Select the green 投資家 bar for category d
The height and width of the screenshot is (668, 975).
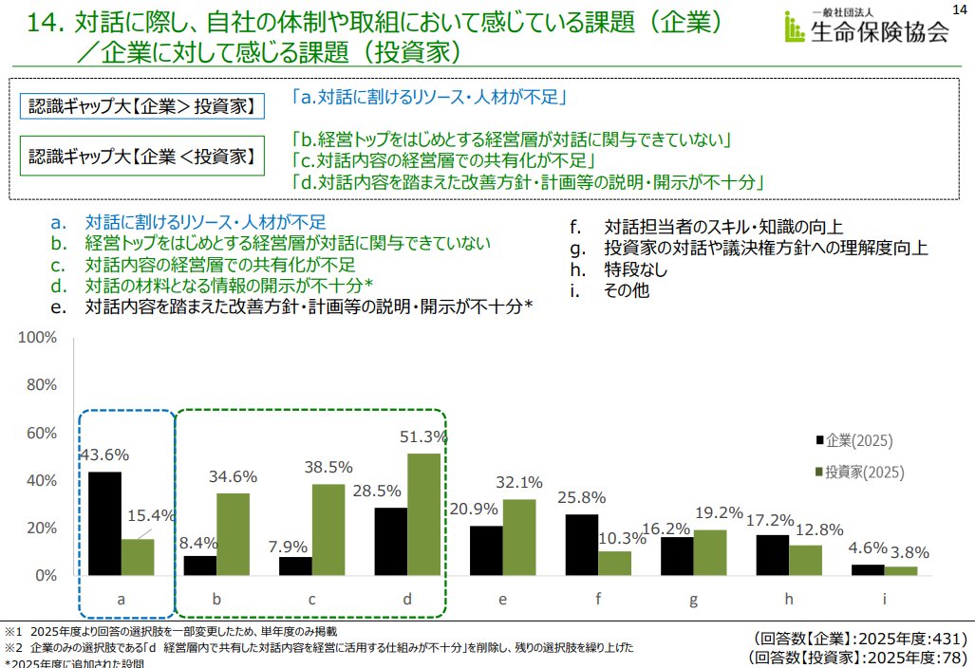[x=423, y=514]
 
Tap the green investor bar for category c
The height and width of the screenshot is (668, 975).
[x=328, y=529]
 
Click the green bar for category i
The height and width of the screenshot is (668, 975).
[x=901, y=570]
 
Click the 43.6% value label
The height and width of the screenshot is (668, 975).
[x=103, y=454]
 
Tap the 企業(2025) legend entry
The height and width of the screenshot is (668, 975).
[x=852, y=440]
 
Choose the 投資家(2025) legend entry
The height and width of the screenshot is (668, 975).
[x=856, y=472]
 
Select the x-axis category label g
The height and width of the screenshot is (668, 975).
[x=693, y=599]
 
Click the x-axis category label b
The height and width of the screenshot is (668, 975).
[x=216, y=599]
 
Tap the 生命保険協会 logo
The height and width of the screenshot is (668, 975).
[x=865, y=29]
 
